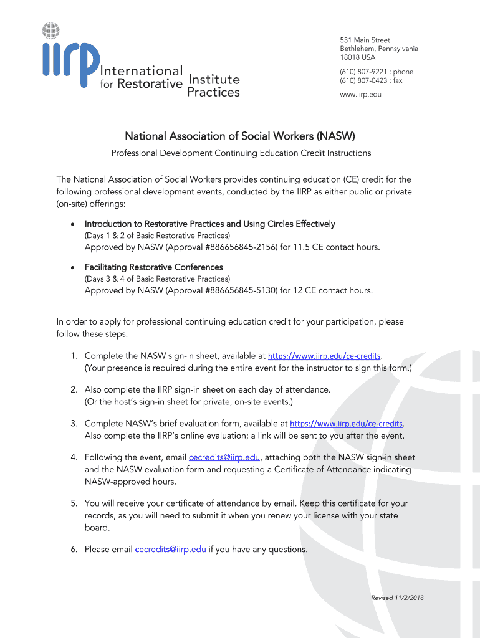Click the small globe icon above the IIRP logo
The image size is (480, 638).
click(52, 29)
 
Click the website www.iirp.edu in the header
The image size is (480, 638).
click(360, 94)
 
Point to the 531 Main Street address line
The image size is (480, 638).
click(365, 40)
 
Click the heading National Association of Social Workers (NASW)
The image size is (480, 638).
click(240, 136)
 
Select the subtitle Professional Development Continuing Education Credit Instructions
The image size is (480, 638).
click(241, 153)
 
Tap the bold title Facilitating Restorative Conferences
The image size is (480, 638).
click(153, 267)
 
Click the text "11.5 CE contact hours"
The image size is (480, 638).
click(336, 247)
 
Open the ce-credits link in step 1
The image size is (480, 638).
click(324, 356)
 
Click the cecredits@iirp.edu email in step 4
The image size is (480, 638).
click(224, 457)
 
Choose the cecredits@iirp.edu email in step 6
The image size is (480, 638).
click(170, 549)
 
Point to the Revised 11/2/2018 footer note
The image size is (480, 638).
click(397, 598)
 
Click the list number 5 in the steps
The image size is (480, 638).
click(74, 503)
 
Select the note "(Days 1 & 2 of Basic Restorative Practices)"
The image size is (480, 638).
click(157, 236)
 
